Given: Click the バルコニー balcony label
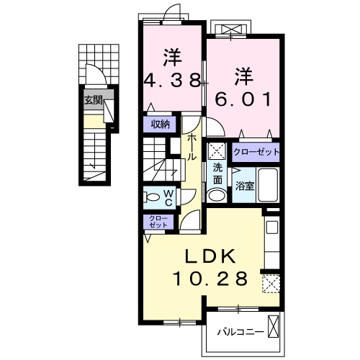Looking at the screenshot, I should (x=240, y=333).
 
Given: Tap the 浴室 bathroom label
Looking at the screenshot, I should (x=245, y=186).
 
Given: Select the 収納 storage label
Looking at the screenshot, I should (x=159, y=123).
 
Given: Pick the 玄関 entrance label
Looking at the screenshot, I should (x=92, y=101).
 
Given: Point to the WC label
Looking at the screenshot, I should (x=168, y=196).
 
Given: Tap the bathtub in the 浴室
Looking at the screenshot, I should (x=267, y=185).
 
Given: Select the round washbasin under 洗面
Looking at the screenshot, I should (x=216, y=194).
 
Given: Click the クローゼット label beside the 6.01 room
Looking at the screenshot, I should (x=256, y=153).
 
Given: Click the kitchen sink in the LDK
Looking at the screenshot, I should (x=271, y=228).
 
